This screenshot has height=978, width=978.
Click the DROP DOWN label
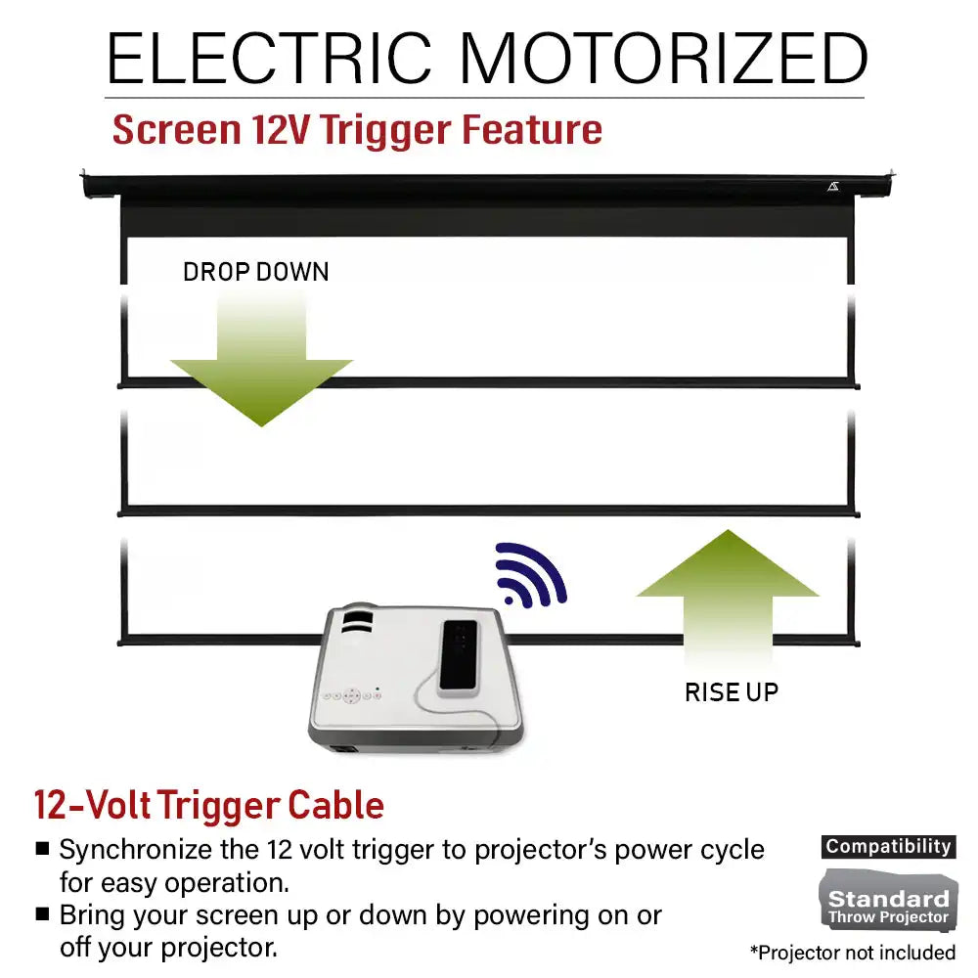[255, 272]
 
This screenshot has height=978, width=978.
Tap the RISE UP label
[732, 692]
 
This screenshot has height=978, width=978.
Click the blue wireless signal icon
[530, 575]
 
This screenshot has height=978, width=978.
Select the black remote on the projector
[459, 658]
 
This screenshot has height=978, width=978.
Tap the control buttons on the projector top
[351, 694]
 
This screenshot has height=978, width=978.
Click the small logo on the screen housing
[833, 187]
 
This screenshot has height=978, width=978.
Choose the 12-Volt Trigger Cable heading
[209, 805]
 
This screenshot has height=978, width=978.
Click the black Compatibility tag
[888, 846]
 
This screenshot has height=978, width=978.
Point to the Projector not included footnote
[853, 953]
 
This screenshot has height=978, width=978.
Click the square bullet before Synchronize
[42, 848]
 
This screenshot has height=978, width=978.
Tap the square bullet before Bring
[42, 913]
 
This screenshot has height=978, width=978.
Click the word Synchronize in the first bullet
[135, 850]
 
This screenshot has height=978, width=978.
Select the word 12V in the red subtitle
[281, 130]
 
